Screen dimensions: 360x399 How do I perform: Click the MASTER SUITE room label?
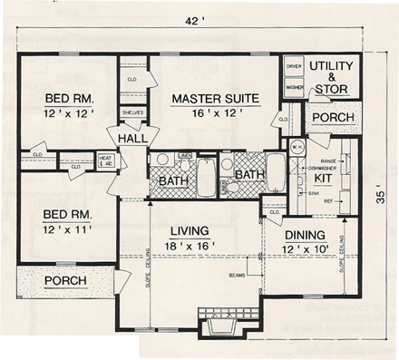pyautogui.click(x=211, y=98)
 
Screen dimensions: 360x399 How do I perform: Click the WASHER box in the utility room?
pyautogui.click(x=294, y=87)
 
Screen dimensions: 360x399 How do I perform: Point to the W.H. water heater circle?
pyautogui.click(x=296, y=145)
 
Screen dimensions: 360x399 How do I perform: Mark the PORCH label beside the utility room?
pyautogui.click(x=331, y=117)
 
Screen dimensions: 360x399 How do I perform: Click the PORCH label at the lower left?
pyautogui.click(x=64, y=280)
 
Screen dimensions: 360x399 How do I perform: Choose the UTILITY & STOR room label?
pyautogui.click(x=333, y=78)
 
